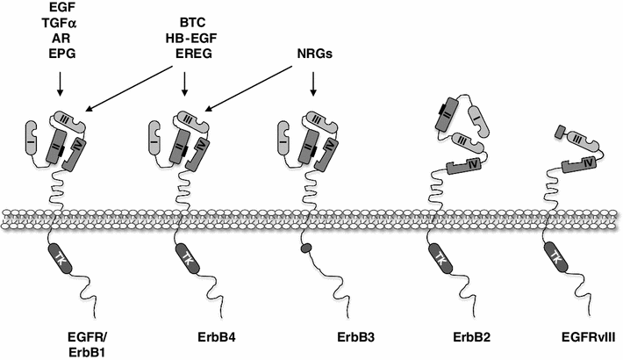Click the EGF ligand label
pyautogui.click(x=59, y=9)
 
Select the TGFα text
pyautogui.click(x=59, y=25)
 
